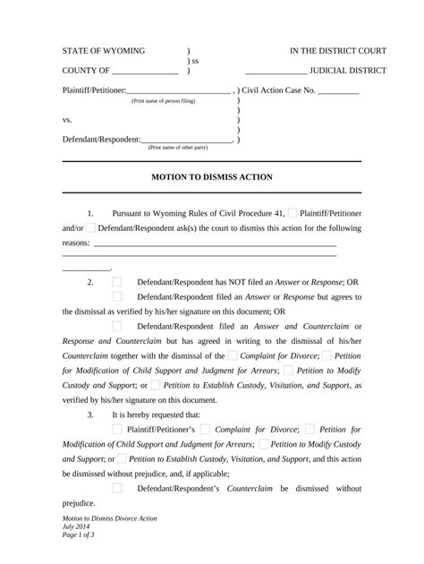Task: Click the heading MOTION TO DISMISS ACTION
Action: click(212, 177)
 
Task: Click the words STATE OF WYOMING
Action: click(103, 51)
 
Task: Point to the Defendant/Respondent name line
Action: click(187, 141)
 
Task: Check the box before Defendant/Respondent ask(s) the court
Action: click(90, 228)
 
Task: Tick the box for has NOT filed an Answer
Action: click(117, 281)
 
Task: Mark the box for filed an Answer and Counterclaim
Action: click(117, 326)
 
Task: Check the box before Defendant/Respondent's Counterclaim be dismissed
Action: click(117, 488)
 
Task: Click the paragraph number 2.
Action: click(90, 281)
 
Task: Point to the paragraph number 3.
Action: click(90, 415)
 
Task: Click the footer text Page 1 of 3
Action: click(78, 535)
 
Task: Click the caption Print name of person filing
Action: click(163, 102)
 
